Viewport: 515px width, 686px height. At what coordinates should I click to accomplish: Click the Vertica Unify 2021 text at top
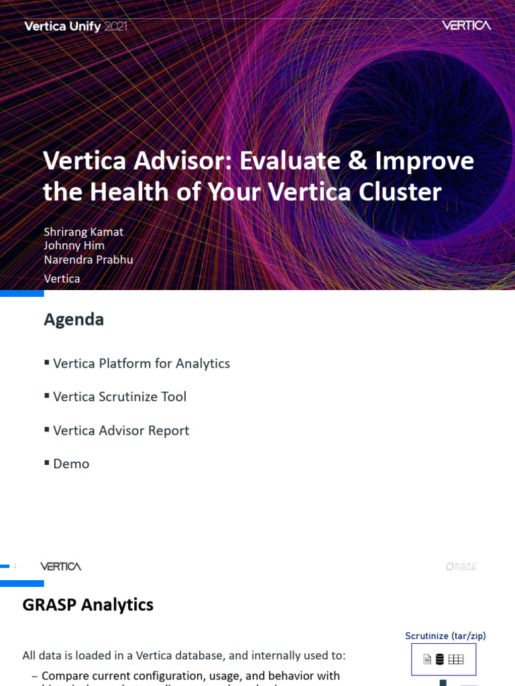click(75, 27)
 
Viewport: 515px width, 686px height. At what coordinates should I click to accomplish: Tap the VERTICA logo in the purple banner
click(466, 25)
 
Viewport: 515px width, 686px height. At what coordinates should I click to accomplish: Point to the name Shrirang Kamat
click(83, 231)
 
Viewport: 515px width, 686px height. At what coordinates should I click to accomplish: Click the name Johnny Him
click(74, 245)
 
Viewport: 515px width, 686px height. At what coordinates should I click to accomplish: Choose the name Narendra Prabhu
click(88, 259)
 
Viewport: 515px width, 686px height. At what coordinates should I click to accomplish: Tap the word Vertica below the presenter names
click(62, 278)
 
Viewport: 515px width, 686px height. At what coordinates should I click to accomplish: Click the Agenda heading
click(74, 320)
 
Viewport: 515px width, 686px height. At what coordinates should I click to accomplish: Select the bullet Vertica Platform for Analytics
click(141, 363)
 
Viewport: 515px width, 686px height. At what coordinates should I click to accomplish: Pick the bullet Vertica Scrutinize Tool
click(119, 397)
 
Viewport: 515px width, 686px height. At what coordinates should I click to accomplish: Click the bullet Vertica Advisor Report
click(121, 430)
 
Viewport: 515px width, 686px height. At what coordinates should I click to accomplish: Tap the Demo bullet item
click(71, 464)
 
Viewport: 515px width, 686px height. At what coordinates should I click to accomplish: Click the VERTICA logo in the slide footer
click(60, 566)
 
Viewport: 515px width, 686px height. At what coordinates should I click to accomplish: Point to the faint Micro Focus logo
click(461, 566)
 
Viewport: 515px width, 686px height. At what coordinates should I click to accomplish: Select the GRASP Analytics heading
click(88, 605)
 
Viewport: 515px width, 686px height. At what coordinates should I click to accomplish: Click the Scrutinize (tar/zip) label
click(445, 636)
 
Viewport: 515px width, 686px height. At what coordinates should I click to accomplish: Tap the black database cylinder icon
click(440, 659)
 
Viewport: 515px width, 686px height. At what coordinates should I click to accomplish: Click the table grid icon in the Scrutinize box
click(456, 659)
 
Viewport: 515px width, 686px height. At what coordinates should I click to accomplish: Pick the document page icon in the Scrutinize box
click(427, 659)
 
